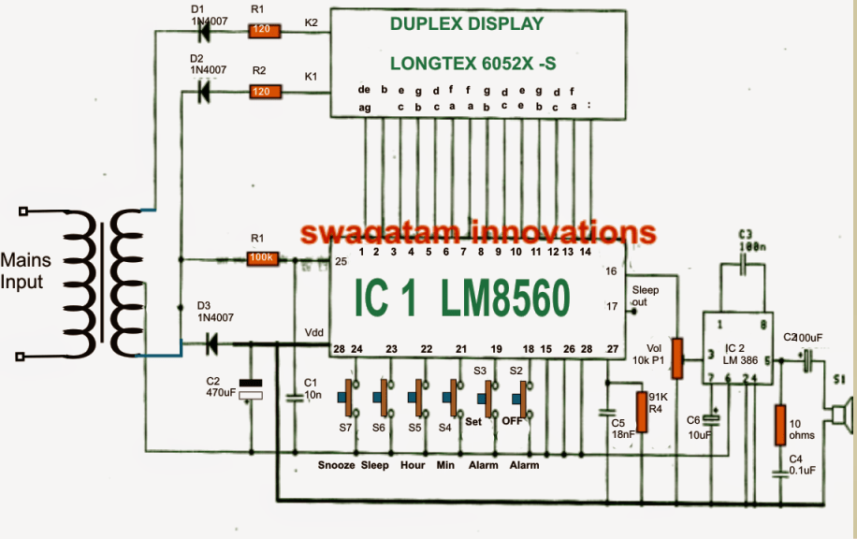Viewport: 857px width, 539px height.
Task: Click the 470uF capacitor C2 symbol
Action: coord(250,389)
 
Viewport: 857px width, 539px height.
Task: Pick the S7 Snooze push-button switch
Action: coord(354,400)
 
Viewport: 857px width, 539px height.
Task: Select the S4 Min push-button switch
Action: coord(451,400)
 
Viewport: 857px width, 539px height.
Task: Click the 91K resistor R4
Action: coord(643,409)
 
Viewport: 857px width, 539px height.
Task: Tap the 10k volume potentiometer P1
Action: coord(678,357)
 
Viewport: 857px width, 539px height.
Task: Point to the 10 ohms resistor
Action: coord(778,425)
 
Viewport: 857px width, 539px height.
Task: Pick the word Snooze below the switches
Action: coord(336,465)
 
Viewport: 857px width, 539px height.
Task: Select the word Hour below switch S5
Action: coord(412,465)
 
